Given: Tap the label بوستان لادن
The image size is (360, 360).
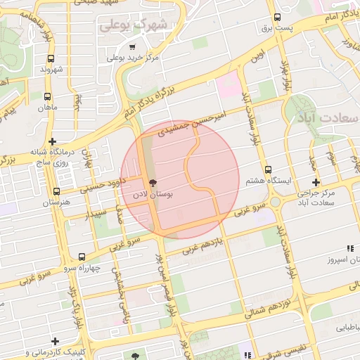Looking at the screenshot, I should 172,192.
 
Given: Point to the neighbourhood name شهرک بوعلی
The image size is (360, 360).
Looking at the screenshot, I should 134,25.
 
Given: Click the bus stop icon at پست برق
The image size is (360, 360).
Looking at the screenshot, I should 277,18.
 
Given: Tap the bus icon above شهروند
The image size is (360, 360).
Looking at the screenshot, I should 50,59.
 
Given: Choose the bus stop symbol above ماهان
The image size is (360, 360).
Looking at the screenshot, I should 48,97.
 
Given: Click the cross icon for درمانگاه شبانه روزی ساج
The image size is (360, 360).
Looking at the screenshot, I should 53,141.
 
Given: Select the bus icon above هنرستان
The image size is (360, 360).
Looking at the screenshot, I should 57,191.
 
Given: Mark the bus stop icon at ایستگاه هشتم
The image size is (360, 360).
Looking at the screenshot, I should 267,169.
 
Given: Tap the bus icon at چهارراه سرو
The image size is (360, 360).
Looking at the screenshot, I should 82,257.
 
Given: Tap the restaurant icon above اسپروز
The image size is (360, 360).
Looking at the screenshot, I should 349,248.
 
